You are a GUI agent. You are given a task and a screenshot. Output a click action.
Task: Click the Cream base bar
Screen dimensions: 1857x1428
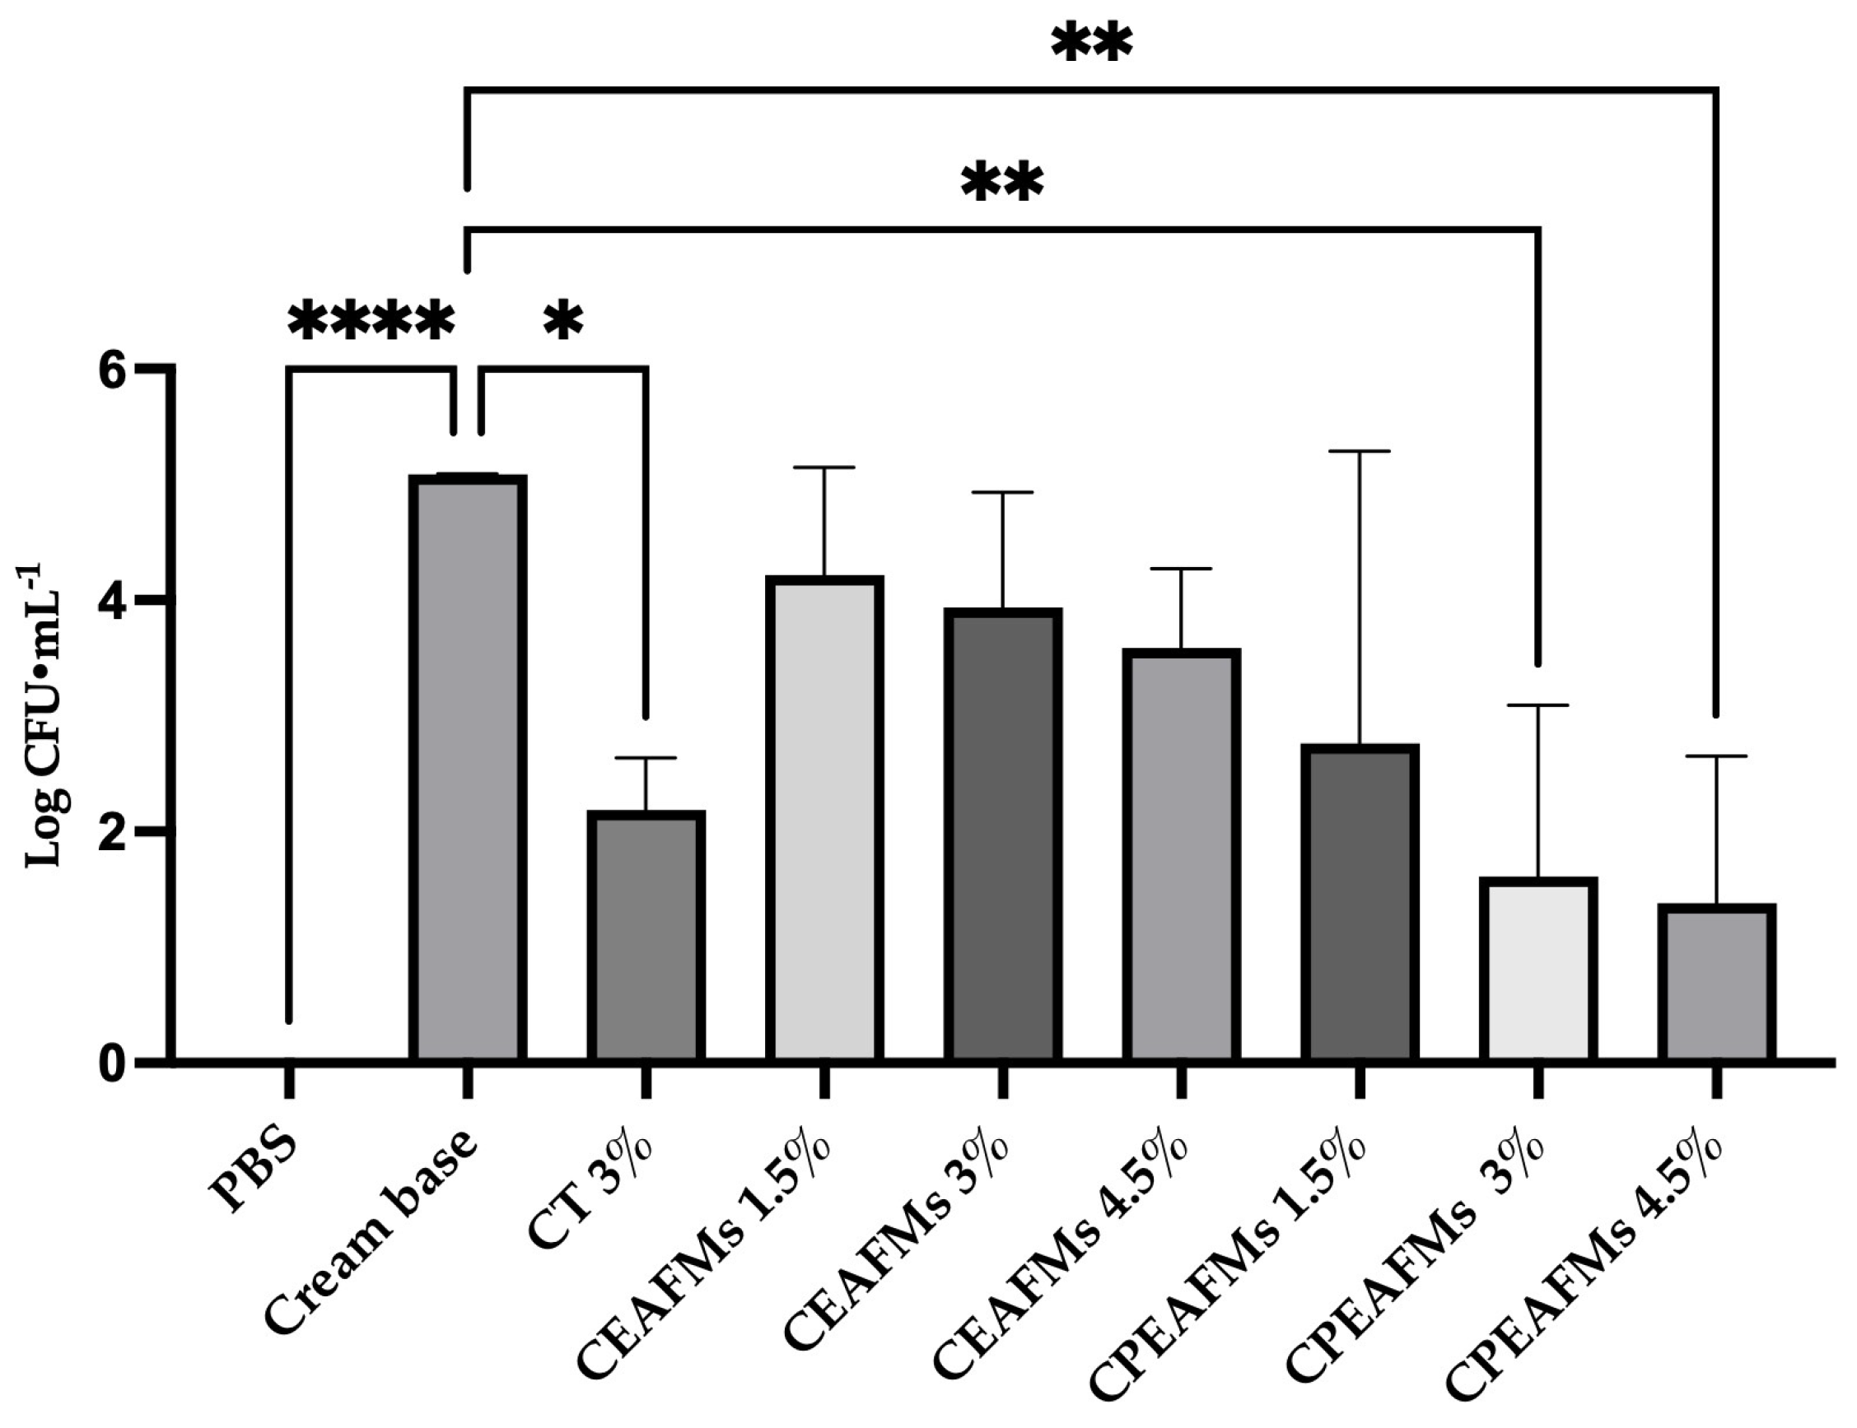[x=468, y=768]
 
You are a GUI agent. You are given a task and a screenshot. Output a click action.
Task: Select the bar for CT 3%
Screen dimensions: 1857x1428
[x=646, y=936]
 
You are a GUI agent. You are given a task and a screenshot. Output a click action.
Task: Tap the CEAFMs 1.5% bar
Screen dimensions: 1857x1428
[x=825, y=819]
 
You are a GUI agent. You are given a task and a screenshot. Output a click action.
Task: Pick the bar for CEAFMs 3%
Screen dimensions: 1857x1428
[x=1003, y=835]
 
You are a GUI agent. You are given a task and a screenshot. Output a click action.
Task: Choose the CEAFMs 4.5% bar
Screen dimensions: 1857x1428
[x=1182, y=855]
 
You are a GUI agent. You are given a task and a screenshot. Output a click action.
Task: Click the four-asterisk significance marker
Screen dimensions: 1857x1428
[x=371, y=320]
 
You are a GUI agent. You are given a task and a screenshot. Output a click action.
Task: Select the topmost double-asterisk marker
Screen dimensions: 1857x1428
[x=1092, y=43]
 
